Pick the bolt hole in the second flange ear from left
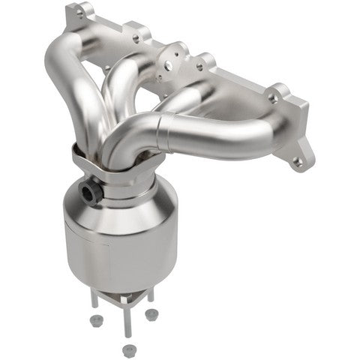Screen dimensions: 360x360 coord(137,33)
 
